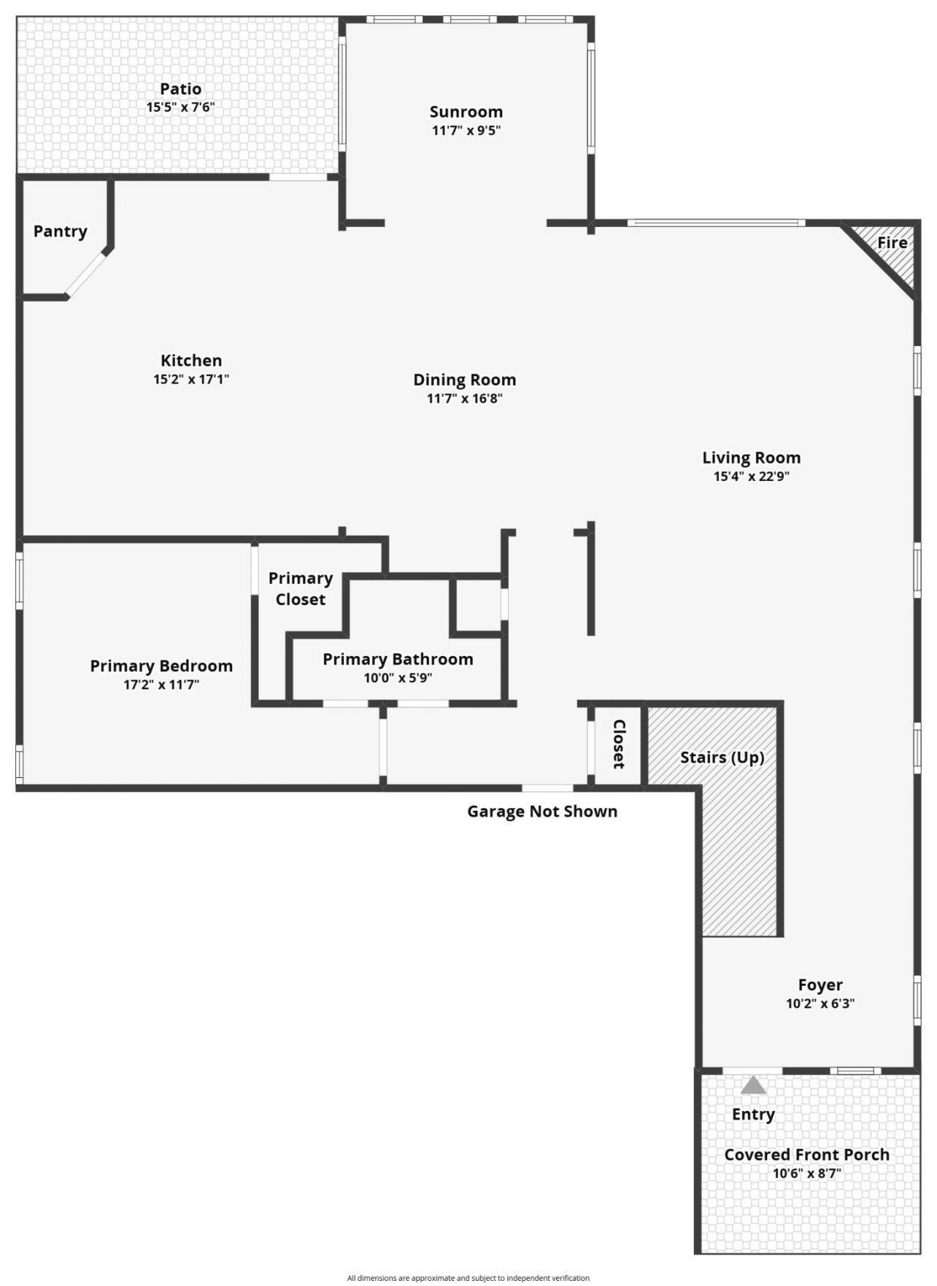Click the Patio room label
[181, 89]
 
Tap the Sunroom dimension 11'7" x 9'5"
[466, 131]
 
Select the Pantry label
[60, 231]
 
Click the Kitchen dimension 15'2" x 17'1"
[191, 379]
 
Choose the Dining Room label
[464, 379]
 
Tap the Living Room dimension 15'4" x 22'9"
[751, 476]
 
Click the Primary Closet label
[300, 588]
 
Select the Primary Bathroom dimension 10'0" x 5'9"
[397, 678]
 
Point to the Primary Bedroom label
[161, 666]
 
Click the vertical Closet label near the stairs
[619, 744]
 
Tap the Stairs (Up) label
[722, 757]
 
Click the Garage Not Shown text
[542, 811]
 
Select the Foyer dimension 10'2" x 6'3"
[820, 1003]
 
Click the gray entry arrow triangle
[753, 1086]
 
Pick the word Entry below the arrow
[753, 1114]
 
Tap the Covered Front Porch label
[807, 1154]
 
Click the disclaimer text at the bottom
[468, 1278]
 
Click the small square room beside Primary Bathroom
[477, 605]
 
